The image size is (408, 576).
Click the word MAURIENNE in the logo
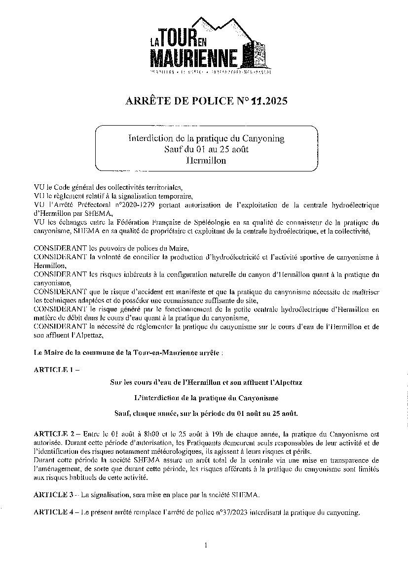[194, 60]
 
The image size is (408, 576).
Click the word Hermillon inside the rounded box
[206, 161]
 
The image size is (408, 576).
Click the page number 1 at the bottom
[205, 545]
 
